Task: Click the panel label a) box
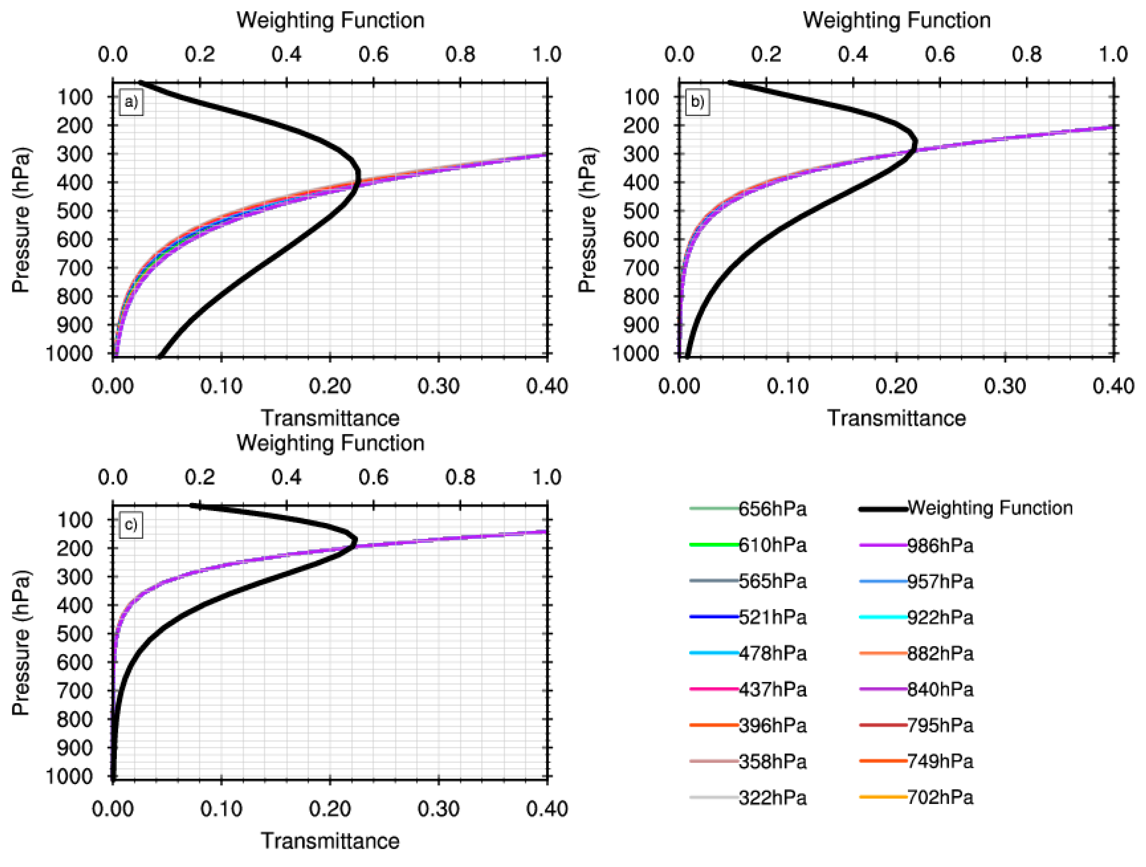pyautogui.click(x=131, y=102)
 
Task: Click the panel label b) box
pyautogui.click(x=697, y=102)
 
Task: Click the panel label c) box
pyautogui.click(x=131, y=525)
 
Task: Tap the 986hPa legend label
pyautogui.click(x=940, y=545)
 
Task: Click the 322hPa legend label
pyautogui.click(x=772, y=798)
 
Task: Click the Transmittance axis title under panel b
pyautogui.click(x=896, y=418)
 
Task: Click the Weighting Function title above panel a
pyautogui.click(x=330, y=21)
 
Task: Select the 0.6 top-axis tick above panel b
pyautogui.click(x=939, y=54)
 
